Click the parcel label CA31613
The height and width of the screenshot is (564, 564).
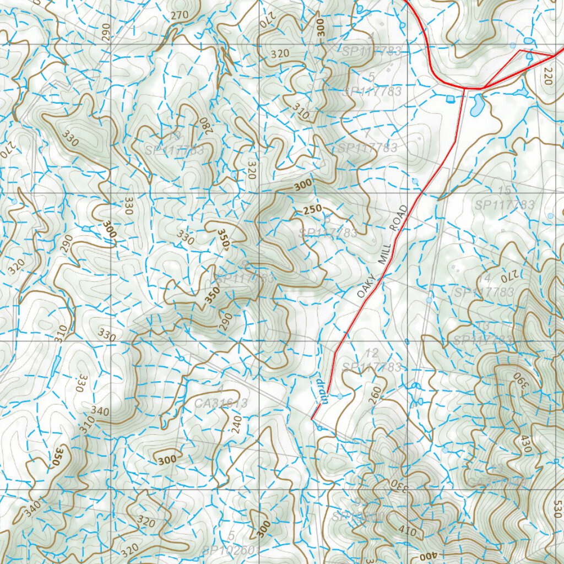tap(221, 403)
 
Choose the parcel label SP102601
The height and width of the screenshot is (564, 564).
tap(231, 549)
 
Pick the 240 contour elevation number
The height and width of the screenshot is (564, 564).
tap(237, 425)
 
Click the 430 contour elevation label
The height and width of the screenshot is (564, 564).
tap(526, 443)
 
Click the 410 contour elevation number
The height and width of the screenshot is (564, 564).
tap(407, 532)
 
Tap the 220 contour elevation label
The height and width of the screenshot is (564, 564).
tap(547, 75)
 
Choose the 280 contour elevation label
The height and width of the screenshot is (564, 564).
tap(203, 127)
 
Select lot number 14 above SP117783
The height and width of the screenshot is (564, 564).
tap(485, 278)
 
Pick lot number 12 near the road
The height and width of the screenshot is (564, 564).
tap(372, 353)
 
